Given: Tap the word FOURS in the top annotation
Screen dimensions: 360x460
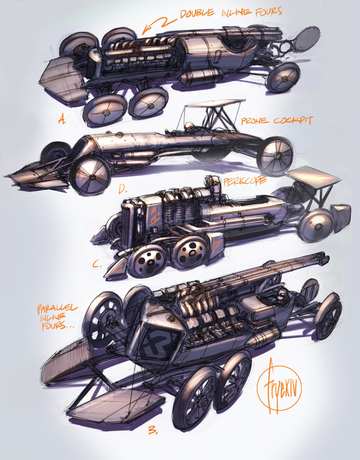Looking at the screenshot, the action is (x=268, y=12).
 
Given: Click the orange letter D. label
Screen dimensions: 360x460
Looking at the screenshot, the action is (x=123, y=190).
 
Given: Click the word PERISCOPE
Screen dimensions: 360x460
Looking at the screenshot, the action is (x=245, y=181).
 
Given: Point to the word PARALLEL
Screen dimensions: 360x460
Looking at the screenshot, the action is (x=57, y=309).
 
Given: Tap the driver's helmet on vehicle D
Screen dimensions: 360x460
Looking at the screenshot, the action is (x=188, y=127).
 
